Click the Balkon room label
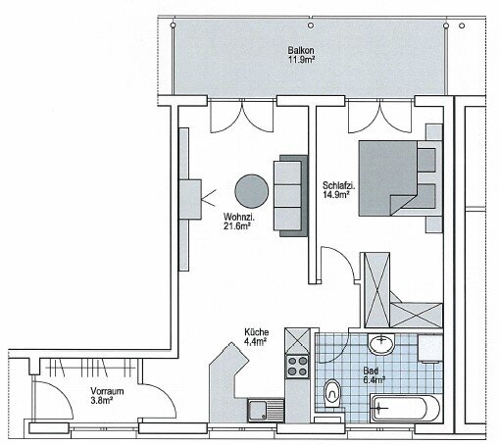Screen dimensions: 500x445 coord(301,50)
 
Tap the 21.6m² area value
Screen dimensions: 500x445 coord(237,225)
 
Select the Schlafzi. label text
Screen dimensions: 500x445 coord(338,185)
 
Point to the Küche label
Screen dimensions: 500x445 coord(257,332)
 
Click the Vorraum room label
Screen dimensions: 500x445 coord(107,391)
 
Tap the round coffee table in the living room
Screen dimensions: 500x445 coord(252,191)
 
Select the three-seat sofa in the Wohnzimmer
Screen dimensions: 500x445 coord(290,196)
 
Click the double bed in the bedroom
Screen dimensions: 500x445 coord(397,178)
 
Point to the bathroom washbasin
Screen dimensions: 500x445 coord(381,344)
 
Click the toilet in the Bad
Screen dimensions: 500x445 coord(333,393)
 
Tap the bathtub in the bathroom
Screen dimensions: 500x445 coord(405,409)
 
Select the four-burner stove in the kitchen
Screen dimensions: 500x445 coord(297,367)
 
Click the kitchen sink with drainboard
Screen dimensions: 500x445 coord(266,410)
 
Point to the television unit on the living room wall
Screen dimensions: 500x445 coord(190,199)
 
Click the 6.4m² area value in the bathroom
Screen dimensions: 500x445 coord(374,380)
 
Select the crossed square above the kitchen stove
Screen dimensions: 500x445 coord(297,341)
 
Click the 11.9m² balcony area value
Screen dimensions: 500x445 coord(301,60)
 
